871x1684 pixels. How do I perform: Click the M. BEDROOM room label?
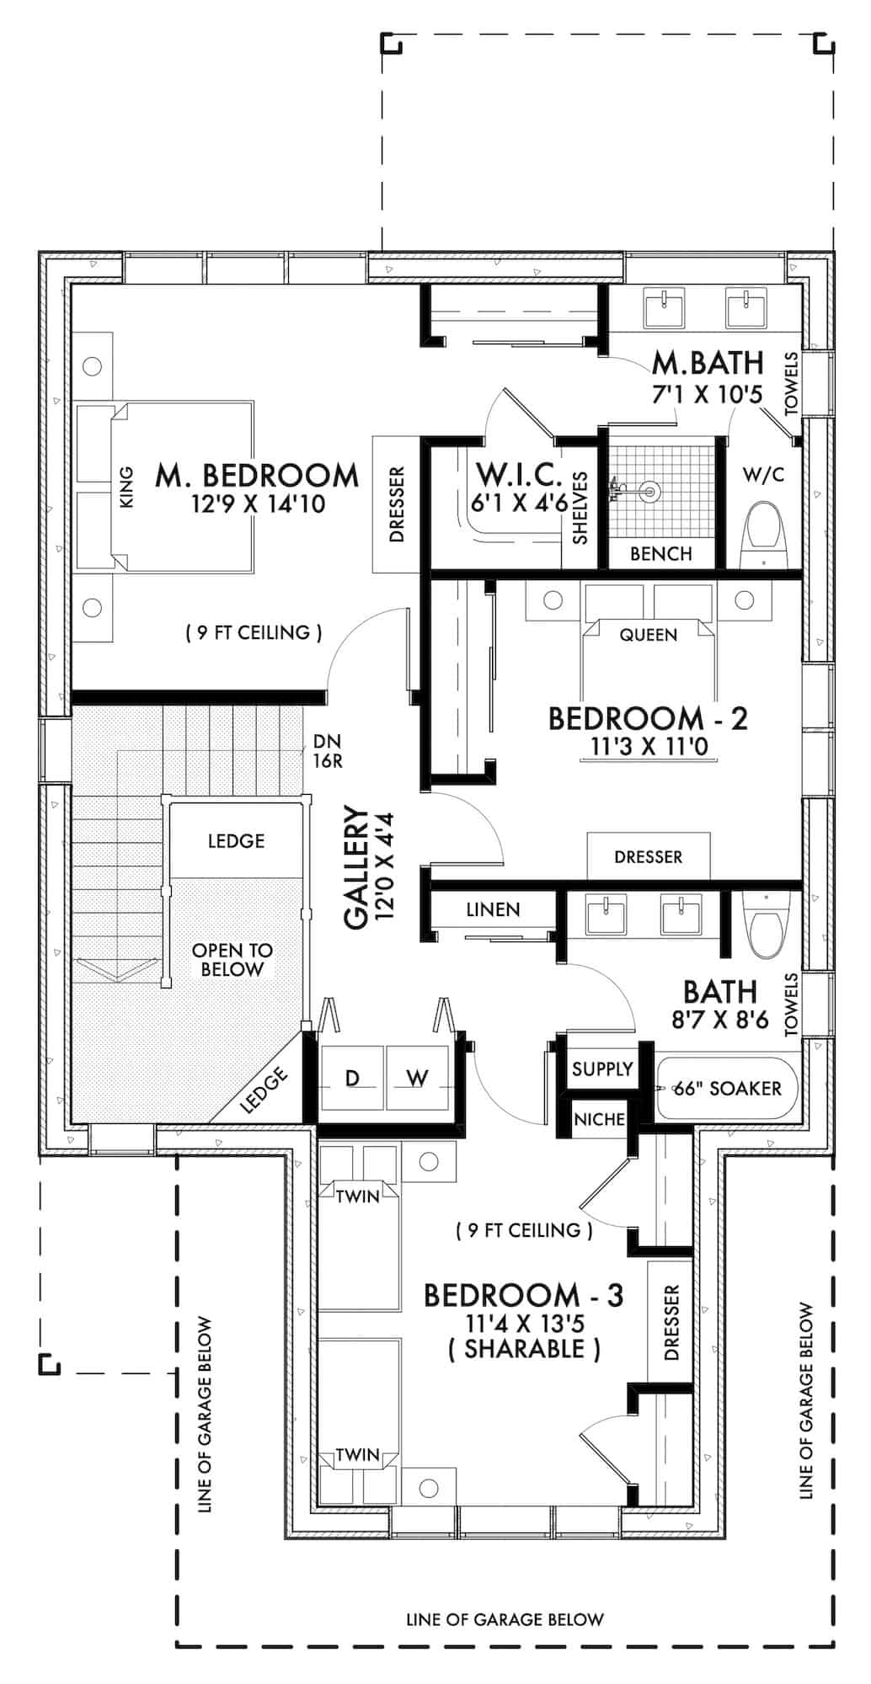click(257, 476)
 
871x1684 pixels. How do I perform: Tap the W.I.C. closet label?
click(520, 476)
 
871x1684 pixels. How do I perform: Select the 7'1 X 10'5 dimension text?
click(707, 393)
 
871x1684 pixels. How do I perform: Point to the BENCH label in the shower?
click(661, 554)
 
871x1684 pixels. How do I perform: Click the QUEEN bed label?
click(648, 635)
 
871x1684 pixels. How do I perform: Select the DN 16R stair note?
click(326, 751)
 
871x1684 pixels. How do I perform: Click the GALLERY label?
click(357, 867)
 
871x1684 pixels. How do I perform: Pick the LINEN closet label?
click(493, 909)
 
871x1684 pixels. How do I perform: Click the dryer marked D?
click(352, 1078)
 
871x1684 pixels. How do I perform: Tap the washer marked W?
click(417, 1078)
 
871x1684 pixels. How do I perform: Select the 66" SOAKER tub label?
click(728, 1089)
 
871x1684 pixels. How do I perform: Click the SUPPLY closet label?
click(601, 1069)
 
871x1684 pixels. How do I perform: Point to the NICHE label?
click(599, 1119)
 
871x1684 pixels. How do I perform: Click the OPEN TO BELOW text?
click(232, 960)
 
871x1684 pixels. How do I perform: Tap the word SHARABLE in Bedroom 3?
click(524, 1349)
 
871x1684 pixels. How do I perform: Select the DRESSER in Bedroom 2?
click(648, 857)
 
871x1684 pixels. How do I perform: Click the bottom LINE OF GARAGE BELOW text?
click(505, 1619)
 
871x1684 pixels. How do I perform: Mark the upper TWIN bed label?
click(357, 1196)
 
